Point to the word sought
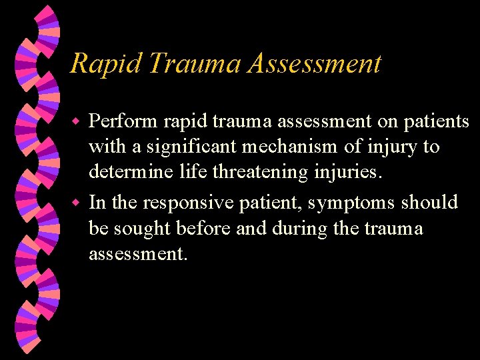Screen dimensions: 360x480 point(141,228)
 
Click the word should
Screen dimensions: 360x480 point(430,201)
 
